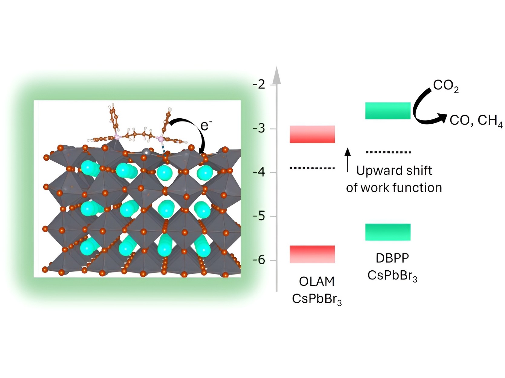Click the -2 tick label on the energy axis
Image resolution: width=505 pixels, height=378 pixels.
[x=259, y=84]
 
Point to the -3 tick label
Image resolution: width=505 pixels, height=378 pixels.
[x=259, y=129]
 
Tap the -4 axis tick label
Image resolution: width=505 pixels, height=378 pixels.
[x=259, y=172]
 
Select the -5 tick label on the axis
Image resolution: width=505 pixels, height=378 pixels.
[x=259, y=216]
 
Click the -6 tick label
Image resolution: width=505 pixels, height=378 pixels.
[x=259, y=260]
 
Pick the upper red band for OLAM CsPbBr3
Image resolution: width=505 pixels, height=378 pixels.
[x=312, y=134]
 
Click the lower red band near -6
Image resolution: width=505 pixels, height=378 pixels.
[x=312, y=254]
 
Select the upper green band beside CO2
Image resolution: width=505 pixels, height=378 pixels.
[x=388, y=111]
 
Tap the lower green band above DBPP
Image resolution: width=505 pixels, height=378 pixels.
[x=388, y=232]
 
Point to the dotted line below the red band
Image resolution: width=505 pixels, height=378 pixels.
[x=312, y=168]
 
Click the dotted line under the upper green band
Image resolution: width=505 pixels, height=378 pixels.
[x=388, y=152]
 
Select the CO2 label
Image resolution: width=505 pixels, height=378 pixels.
[x=445, y=86]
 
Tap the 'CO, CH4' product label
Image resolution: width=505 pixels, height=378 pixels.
[x=476, y=121]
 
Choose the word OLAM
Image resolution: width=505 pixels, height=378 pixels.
[x=316, y=282]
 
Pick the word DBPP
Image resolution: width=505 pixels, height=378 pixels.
[x=392, y=258]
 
